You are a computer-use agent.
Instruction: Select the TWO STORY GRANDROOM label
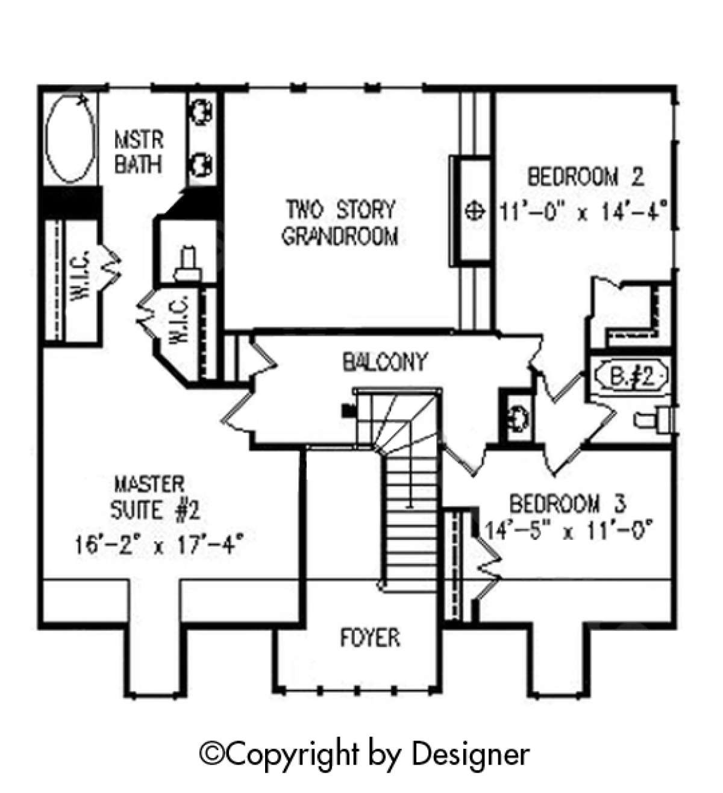pos(340,222)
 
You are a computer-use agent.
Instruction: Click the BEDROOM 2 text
pos(586,177)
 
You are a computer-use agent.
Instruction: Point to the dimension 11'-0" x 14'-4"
pos(584,213)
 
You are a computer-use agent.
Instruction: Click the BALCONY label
pos(384,362)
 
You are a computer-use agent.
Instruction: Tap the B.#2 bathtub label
pos(631,378)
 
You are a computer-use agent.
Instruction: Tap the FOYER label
pos(370,638)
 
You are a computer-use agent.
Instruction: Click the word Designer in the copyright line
pos(471,753)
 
